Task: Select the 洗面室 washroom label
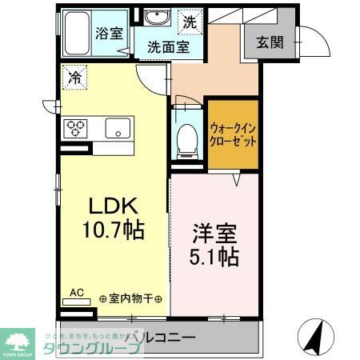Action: tap(168, 47)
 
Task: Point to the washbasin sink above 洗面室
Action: tap(157, 19)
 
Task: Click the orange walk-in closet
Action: tap(234, 134)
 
